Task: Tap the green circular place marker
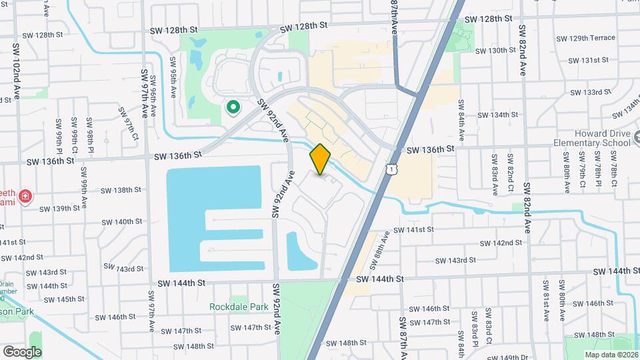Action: tap(233, 107)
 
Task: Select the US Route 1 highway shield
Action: tap(388, 171)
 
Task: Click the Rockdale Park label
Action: tap(238, 307)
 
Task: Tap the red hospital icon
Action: tap(25, 197)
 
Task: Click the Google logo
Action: tap(22, 351)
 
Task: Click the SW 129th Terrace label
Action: tap(586, 38)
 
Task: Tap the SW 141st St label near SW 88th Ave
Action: tap(413, 229)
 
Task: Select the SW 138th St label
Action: tap(121, 190)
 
